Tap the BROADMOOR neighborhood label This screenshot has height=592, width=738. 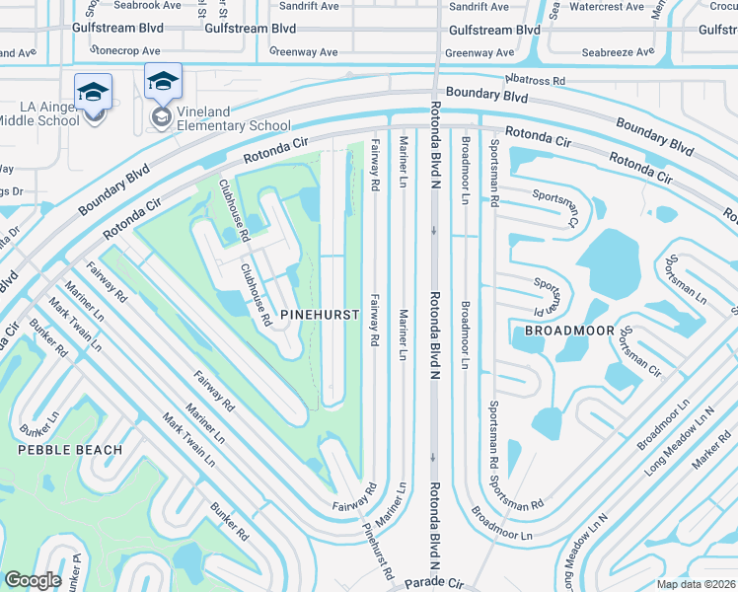coord(569,330)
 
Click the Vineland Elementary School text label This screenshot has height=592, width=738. coord(233,125)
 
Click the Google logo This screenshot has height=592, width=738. coord(33,579)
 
